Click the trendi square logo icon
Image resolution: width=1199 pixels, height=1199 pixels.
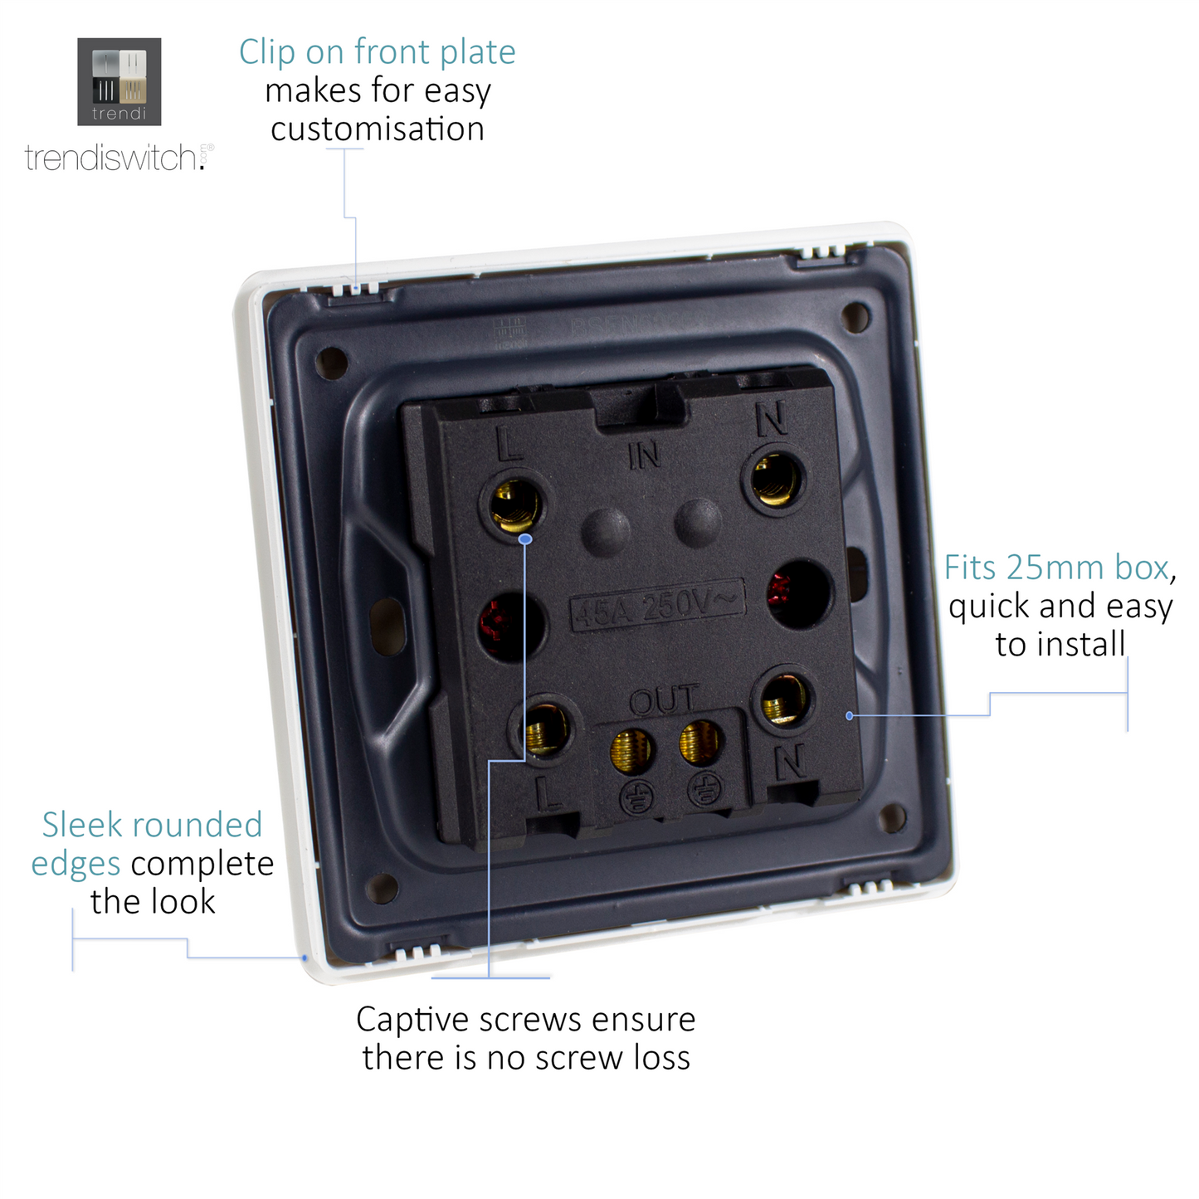119,81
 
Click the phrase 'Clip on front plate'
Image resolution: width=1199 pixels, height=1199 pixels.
377,51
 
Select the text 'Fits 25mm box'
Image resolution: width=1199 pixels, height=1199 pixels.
1055,568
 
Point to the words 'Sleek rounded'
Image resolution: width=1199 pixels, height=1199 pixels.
152,825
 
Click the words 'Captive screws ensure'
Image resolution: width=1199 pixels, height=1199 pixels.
525,1019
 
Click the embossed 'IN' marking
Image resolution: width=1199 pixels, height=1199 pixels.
644,455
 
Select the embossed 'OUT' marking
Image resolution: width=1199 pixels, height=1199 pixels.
664,701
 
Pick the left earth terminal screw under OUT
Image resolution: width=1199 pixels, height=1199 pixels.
631,749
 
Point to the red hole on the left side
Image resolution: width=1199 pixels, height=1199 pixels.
509,625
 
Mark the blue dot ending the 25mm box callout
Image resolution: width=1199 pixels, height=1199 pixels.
850,715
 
